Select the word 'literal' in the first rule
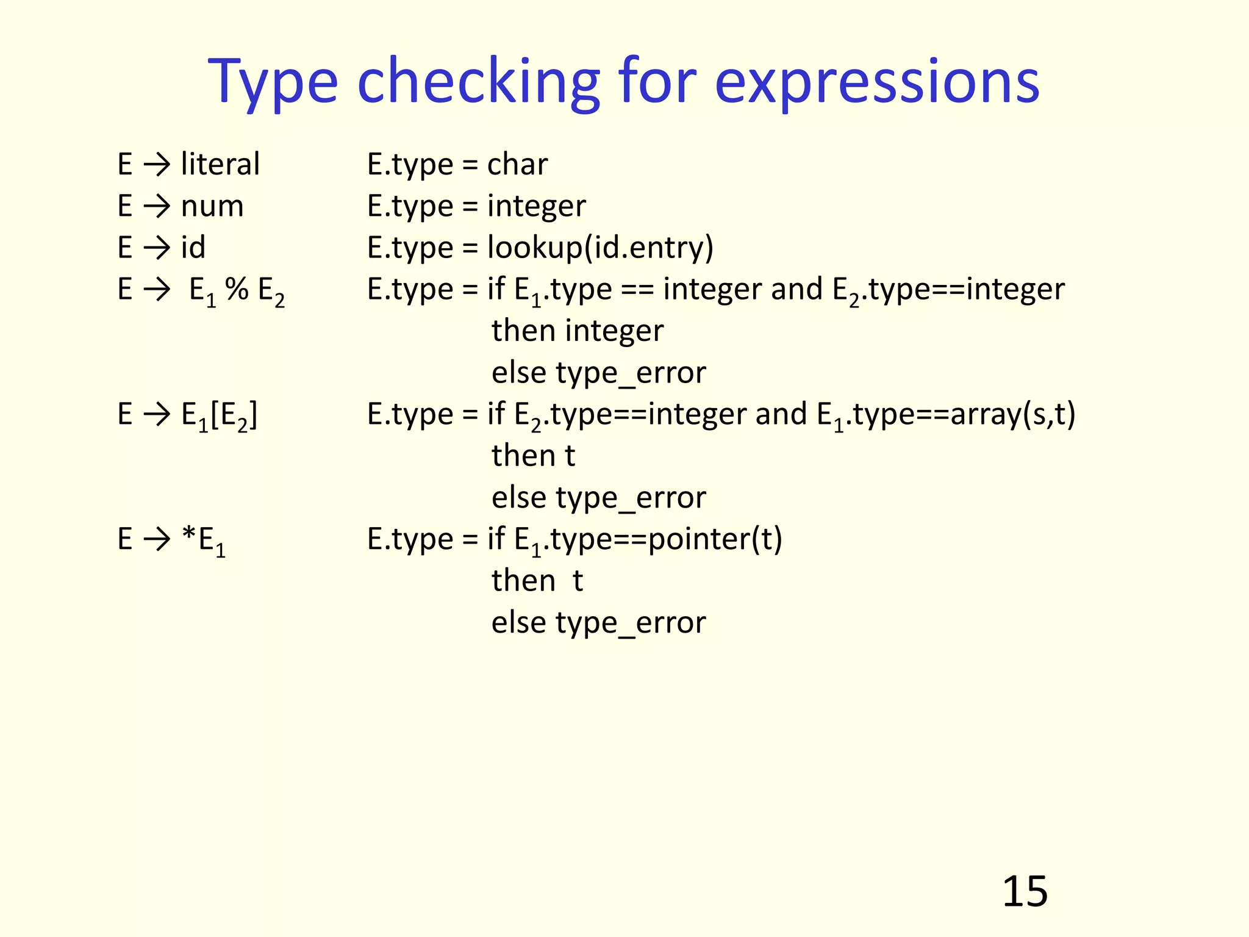coord(220,164)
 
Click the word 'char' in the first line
coord(517,164)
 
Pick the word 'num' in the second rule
coord(212,206)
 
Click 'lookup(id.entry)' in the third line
coord(600,248)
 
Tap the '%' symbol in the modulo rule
coord(237,289)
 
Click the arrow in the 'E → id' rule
coord(157,248)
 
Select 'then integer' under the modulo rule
coord(577,331)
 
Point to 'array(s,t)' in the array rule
coord(1012,414)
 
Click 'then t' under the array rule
coord(533,456)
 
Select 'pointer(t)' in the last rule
coord(715,539)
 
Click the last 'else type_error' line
coord(598,623)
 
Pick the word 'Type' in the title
coord(273,82)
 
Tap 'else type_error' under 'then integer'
coord(598,373)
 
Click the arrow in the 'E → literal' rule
coord(157,164)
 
